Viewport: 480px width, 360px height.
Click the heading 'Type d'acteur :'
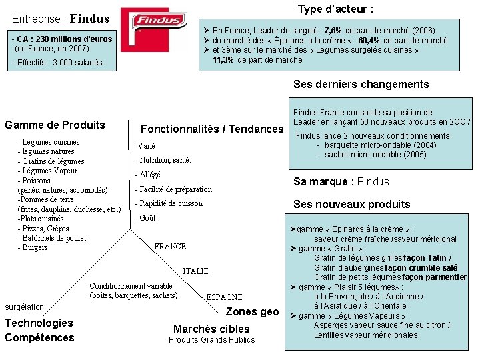(x=335, y=9)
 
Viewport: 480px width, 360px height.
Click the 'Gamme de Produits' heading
(x=55, y=125)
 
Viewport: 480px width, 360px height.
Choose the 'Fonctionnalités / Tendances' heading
(x=212, y=129)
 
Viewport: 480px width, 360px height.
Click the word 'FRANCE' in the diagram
(x=170, y=247)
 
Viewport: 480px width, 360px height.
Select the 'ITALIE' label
(x=195, y=271)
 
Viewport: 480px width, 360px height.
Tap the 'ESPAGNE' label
(x=225, y=297)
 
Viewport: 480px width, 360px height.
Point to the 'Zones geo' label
(x=253, y=311)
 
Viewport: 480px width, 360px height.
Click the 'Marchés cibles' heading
(x=211, y=329)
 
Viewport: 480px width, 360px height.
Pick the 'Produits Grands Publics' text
(x=211, y=340)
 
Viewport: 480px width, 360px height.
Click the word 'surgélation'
(x=24, y=307)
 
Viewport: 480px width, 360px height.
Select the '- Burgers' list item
(x=33, y=247)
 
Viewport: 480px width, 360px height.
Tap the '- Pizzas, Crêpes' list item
(x=43, y=228)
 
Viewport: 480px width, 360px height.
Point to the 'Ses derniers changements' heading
(x=361, y=85)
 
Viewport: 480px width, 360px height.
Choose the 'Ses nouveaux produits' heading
(x=352, y=204)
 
